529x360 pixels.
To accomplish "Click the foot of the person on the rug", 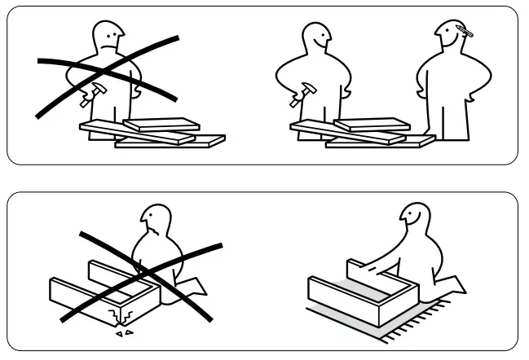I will tap(456, 284).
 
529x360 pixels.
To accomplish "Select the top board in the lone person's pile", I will tap(161, 125).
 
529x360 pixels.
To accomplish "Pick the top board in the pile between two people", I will tap(372, 125).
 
